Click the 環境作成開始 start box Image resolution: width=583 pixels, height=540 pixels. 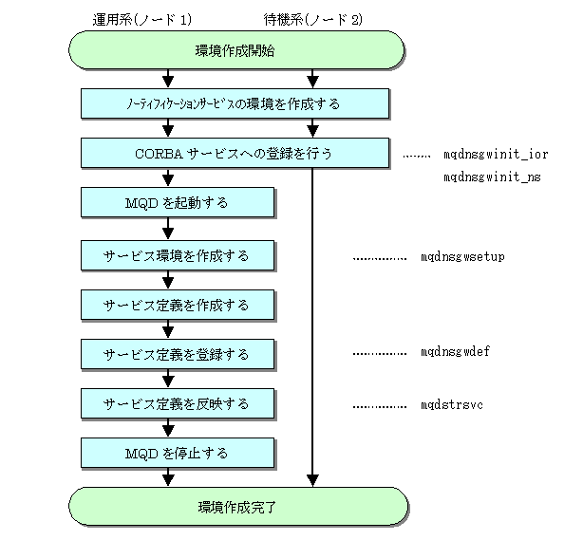[236, 50]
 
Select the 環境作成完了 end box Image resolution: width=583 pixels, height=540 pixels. [238, 507]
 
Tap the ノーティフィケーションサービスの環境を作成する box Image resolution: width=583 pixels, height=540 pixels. [235, 103]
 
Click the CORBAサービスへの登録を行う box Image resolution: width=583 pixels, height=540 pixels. [235, 153]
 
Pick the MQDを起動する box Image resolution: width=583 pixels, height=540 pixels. [178, 202]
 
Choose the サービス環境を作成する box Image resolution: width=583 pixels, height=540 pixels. [178, 255]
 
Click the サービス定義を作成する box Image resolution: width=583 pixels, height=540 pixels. [178, 306]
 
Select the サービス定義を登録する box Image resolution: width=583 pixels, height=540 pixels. [178, 354]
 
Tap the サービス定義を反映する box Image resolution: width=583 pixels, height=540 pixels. [178, 403]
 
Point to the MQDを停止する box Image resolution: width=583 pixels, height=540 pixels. [178, 453]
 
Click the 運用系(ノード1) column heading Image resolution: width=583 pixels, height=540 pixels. [142, 19]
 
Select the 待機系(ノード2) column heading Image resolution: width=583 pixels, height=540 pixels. [312, 19]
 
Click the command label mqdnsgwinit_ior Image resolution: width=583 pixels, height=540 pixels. [496, 154]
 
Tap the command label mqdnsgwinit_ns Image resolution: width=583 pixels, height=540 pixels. [492, 177]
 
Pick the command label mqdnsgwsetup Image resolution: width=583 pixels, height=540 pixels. [462, 256]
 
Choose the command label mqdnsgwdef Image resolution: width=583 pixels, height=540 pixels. [455, 351]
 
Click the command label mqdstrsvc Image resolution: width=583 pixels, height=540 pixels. [451, 404]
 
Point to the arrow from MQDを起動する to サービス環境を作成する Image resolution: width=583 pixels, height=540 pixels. [168, 229]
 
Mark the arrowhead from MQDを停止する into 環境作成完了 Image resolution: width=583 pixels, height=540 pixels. [168, 480]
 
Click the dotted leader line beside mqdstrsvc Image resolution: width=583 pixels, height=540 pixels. [380, 407]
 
